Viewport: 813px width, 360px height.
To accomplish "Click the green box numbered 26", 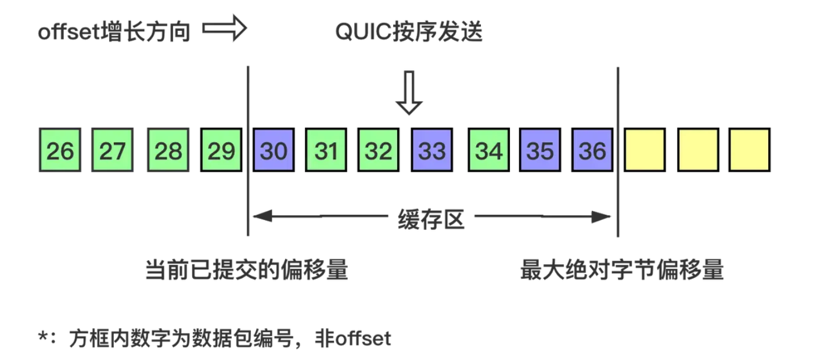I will pyautogui.click(x=60, y=150).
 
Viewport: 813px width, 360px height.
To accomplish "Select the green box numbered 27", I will pyautogui.click(x=113, y=150).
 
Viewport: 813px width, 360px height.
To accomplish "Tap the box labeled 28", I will pyautogui.click(x=168, y=150).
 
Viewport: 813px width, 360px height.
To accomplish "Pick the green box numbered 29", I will pyautogui.click(x=221, y=150).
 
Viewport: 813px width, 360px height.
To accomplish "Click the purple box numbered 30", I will pyautogui.click(x=274, y=150).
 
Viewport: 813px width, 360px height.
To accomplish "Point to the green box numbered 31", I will pyautogui.click(x=326, y=150).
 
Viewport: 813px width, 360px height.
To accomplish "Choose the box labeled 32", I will pyautogui.click(x=378, y=150).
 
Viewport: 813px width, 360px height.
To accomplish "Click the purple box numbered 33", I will pyautogui.click(x=431, y=150).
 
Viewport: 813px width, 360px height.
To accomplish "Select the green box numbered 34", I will pyautogui.click(x=488, y=150).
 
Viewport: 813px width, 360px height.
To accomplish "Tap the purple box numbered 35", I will pyautogui.click(x=540, y=150).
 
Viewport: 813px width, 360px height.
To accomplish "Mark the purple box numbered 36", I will pyautogui.click(x=592, y=150).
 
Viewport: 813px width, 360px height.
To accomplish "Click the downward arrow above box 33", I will pyautogui.click(x=409, y=93).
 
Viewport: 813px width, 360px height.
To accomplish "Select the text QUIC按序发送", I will pyautogui.click(x=409, y=32).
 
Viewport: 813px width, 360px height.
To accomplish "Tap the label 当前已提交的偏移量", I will pyautogui.click(x=246, y=270).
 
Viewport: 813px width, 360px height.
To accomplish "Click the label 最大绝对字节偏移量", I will pyautogui.click(x=622, y=270).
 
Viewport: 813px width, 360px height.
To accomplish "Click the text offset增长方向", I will pyautogui.click(x=114, y=32).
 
